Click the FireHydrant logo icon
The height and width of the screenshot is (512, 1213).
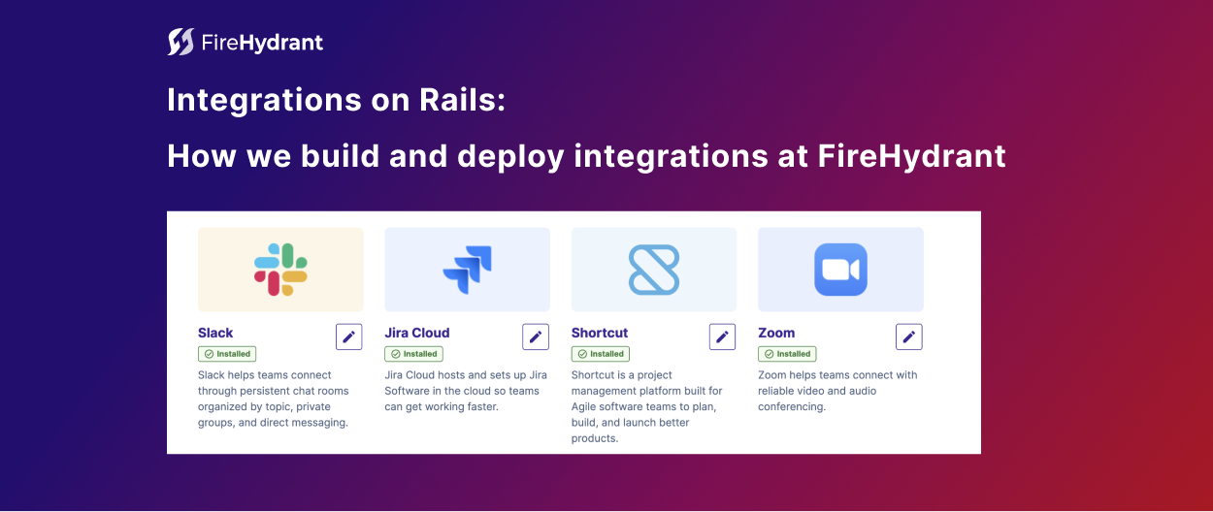click(x=180, y=42)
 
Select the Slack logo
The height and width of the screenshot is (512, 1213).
click(x=280, y=270)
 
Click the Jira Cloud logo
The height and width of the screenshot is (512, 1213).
click(x=467, y=270)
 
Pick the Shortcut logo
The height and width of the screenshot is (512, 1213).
click(x=654, y=270)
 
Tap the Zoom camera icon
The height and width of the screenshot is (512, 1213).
click(x=840, y=270)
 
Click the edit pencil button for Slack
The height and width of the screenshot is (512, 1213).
click(x=349, y=336)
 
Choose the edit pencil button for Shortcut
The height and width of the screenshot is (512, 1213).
click(x=722, y=336)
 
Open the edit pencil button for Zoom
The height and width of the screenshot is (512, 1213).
click(x=909, y=336)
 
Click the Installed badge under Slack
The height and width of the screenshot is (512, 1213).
click(x=227, y=354)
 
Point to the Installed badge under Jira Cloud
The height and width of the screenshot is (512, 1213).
click(x=413, y=354)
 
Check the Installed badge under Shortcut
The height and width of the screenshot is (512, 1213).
click(x=601, y=354)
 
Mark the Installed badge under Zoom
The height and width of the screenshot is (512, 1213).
click(x=787, y=354)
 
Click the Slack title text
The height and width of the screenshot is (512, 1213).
click(x=215, y=333)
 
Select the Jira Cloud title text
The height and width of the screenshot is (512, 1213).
click(x=417, y=333)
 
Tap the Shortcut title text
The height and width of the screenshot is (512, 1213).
click(x=600, y=333)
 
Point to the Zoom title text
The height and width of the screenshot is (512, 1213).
click(x=776, y=333)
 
